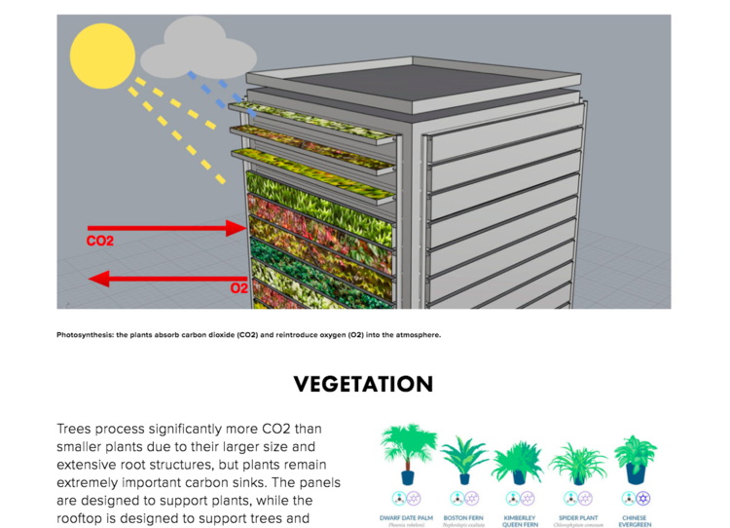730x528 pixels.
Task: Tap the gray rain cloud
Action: pos(195,44)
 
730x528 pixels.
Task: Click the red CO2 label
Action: pos(100,240)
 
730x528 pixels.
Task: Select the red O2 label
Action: pos(238,289)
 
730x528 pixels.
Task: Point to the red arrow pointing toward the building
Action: pos(165,229)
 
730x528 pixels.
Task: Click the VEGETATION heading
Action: pos(363,384)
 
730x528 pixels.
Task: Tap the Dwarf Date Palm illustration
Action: pos(408,452)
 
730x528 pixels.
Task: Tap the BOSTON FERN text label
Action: pos(463,517)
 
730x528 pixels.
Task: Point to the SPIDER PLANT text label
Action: pos(578,517)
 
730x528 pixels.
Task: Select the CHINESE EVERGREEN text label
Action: pos(635,521)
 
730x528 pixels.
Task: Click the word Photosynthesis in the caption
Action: pos(85,335)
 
